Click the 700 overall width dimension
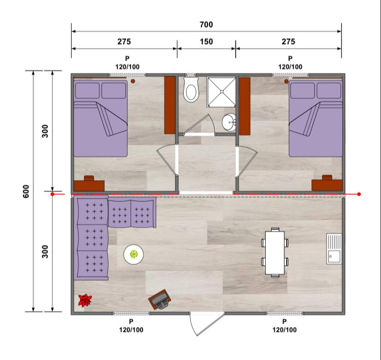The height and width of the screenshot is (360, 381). click(x=206, y=24)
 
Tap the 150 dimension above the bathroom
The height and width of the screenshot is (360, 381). click(x=206, y=41)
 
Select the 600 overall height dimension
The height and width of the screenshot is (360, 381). click(x=26, y=191)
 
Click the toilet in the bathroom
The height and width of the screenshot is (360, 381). click(x=191, y=90)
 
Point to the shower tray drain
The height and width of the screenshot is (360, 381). click(x=222, y=91)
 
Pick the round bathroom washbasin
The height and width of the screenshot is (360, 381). click(x=229, y=122)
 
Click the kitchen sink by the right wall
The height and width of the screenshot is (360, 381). click(x=334, y=249)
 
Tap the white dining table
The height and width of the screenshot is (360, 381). click(x=274, y=252)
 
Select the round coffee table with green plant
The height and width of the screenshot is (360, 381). click(x=133, y=254)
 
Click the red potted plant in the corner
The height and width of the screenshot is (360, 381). click(x=85, y=300)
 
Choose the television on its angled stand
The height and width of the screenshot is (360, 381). click(x=159, y=299)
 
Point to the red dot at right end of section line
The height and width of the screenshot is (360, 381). click(x=359, y=194)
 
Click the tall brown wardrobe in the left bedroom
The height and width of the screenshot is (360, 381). click(x=170, y=105)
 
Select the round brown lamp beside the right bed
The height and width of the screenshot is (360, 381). click(x=286, y=81)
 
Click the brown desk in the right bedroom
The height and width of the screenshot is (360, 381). click(x=327, y=183)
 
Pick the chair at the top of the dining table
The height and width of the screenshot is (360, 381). click(x=275, y=229)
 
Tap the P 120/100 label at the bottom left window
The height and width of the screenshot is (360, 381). click(x=131, y=326)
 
